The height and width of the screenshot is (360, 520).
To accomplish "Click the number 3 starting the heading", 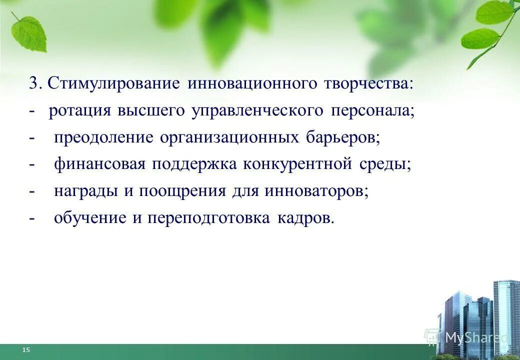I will (x=33, y=83).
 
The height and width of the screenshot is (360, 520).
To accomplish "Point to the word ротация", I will (x=79, y=110).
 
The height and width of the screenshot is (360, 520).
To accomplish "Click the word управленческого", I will (x=257, y=110).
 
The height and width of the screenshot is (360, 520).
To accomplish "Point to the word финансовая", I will (x=100, y=164).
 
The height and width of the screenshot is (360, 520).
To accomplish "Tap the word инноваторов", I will (x=316, y=191).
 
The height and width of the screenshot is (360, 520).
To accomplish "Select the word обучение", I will (x=90, y=218).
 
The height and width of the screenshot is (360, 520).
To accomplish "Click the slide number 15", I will (x=26, y=350).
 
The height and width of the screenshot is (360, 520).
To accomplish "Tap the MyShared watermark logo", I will (x=465, y=337).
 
